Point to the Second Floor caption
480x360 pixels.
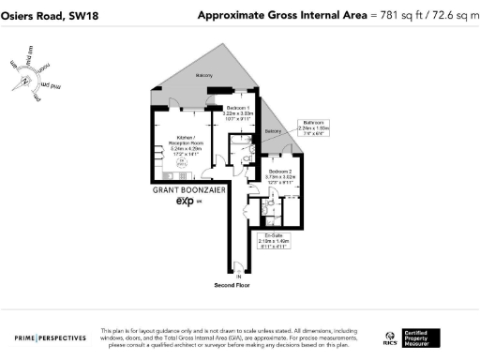point(232,284)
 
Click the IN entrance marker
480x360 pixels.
point(238,277)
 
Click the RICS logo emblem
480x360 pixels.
point(389,337)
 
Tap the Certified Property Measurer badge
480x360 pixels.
point(418,337)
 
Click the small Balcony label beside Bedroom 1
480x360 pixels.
point(272,131)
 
